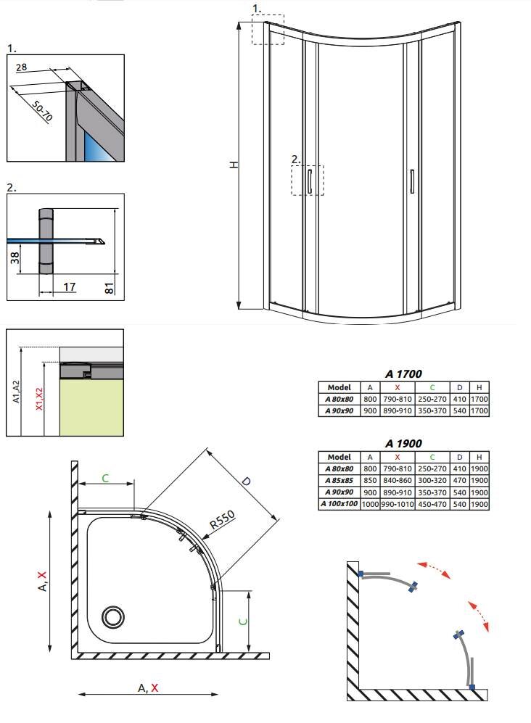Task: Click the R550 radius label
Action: [223, 520]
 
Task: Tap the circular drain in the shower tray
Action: [113, 617]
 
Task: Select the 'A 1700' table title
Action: [403, 373]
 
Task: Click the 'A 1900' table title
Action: [403, 444]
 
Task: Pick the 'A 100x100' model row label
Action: [339, 503]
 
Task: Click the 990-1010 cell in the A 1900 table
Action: [398, 504]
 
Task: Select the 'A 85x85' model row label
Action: [339, 481]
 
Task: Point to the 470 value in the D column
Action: [459, 481]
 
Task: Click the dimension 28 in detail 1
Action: [21, 67]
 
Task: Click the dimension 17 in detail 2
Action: [69, 286]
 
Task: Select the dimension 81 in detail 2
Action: [109, 289]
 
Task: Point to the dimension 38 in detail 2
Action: [15, 257]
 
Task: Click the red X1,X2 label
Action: [39, 399]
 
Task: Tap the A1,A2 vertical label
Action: [16, 392]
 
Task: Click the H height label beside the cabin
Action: [234, 164]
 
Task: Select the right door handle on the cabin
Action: [412, 181]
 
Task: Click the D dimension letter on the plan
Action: [246, 482]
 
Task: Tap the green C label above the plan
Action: [105, 478]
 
